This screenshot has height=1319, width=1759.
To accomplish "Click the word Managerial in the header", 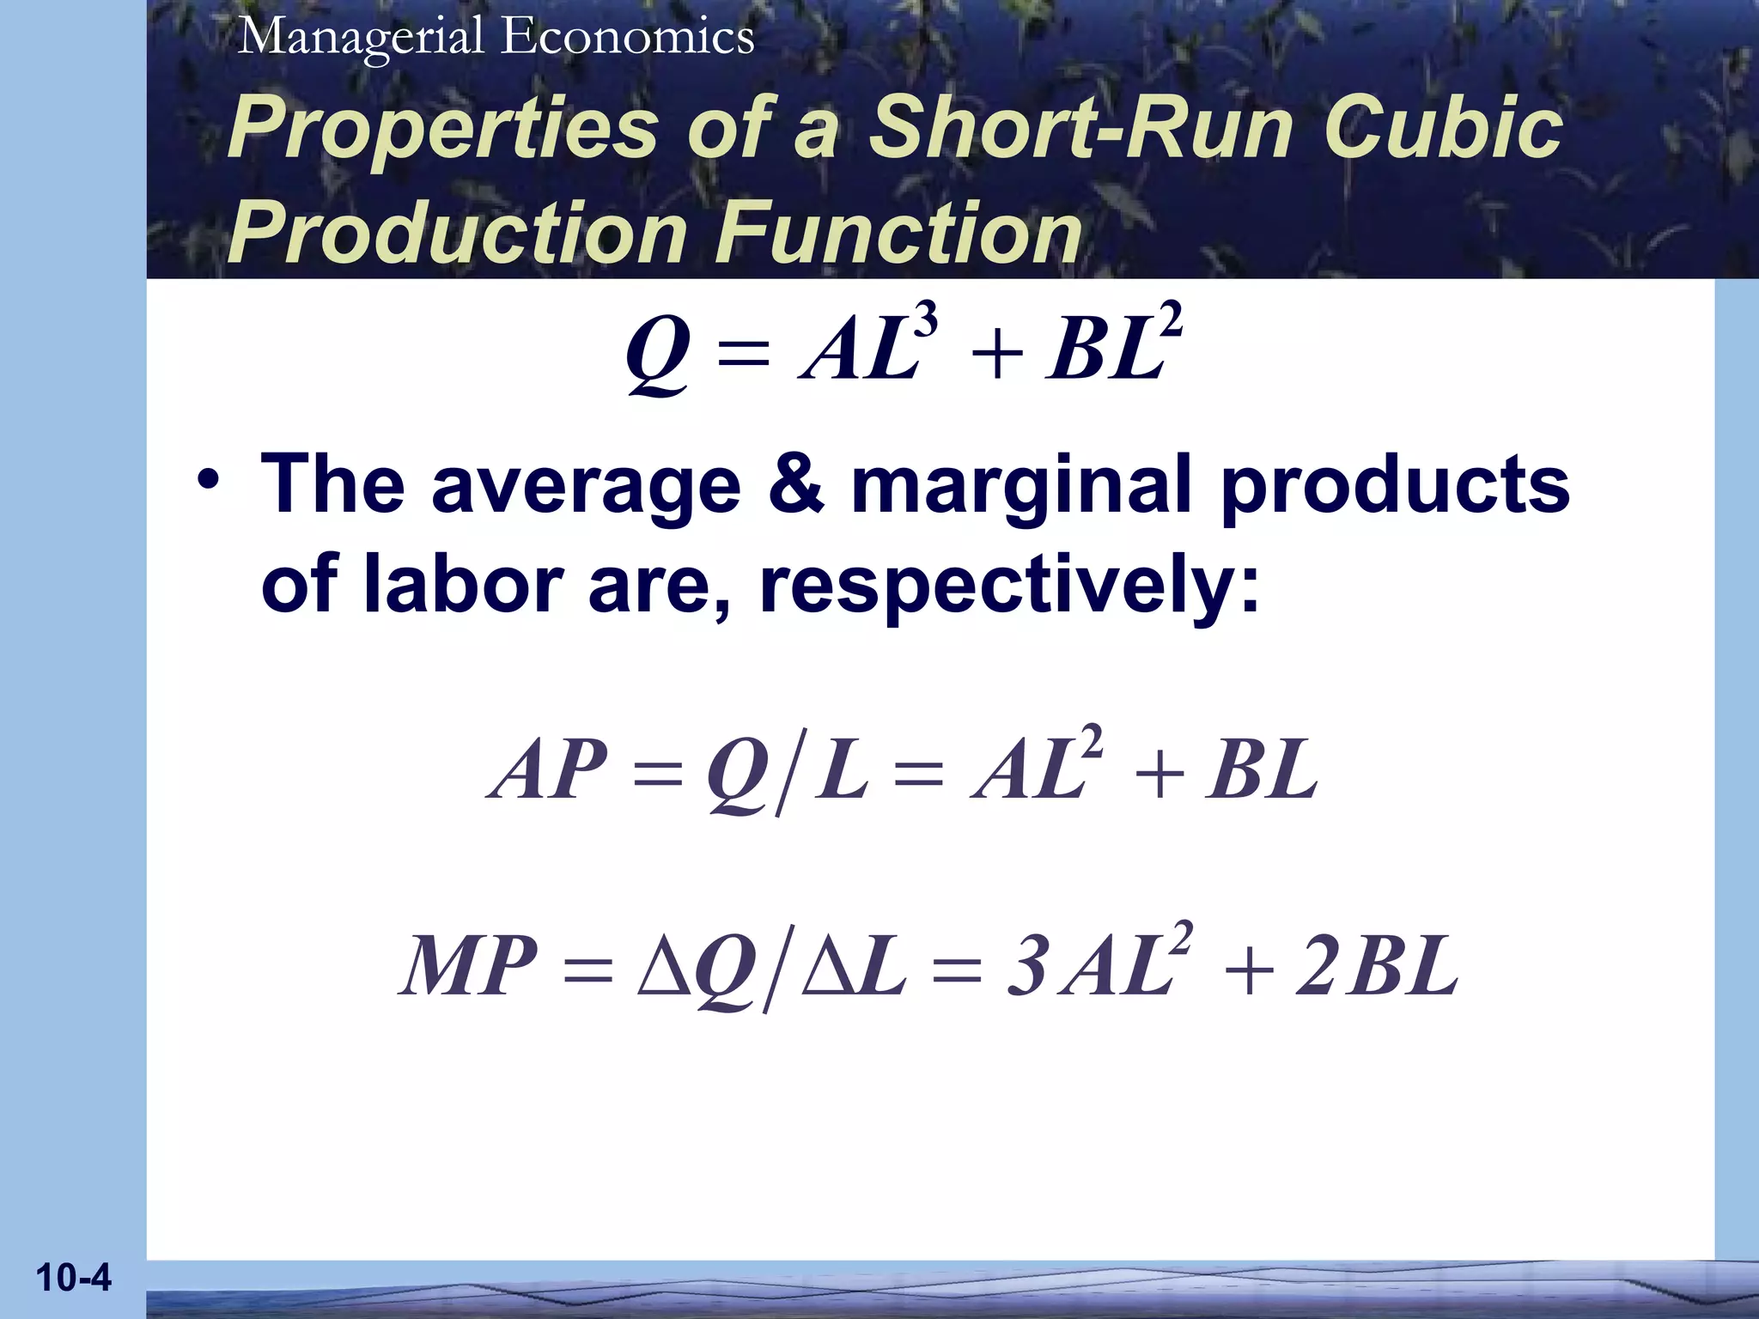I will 362,39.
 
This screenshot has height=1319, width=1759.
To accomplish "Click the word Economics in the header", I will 628,37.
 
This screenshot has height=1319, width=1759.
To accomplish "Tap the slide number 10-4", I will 74,1278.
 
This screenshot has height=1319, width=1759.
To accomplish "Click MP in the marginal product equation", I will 469,967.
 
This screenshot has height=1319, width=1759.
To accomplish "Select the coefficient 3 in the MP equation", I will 1026,967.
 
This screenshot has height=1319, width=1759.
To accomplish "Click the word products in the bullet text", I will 1395,485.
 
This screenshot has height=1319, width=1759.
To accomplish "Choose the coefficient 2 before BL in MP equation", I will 1315,967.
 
